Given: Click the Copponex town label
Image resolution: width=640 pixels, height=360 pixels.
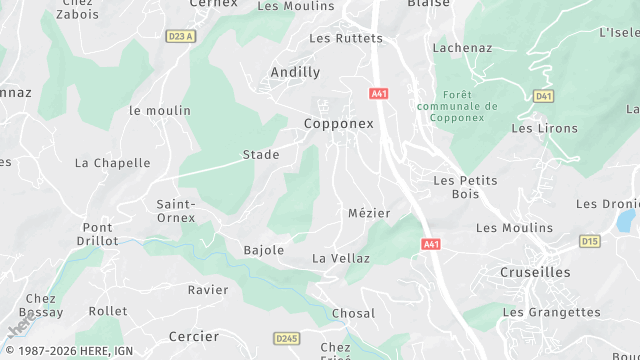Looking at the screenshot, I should (x=338, y=124).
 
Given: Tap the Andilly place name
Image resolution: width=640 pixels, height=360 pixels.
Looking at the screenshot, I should (x=295, y=72).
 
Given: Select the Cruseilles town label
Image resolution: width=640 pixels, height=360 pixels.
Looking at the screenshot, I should (x=535, y=272).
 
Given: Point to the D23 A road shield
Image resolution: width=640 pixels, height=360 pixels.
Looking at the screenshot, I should (x=180, y=36).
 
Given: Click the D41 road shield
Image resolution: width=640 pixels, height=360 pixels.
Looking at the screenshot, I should (x=543, y=96).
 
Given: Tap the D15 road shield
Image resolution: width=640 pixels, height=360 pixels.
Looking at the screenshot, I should (x=590, y=241).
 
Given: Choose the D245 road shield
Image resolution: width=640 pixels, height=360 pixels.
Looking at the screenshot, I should (x=286, y=339).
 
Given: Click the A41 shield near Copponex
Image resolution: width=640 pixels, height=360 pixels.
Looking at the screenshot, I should (x=378, y=93).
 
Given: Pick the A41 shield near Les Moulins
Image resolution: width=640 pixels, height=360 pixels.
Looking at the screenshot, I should (x=431, y=244).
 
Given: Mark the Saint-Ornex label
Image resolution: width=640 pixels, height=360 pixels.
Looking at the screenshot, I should (x=176, y=211).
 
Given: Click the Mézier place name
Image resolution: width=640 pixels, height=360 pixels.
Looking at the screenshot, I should (x=369, y=213).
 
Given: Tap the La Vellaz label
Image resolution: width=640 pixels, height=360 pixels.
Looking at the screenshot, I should (x=341, y=258).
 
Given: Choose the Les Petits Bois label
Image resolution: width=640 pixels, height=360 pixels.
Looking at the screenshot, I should (x=466, y=187).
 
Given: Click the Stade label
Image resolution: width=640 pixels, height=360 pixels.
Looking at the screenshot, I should (x=261, y=155).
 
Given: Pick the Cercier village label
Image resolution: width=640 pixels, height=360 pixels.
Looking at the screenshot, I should (x=194, y=336).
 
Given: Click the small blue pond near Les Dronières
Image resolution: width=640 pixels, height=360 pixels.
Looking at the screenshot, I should (x=626, y=220).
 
